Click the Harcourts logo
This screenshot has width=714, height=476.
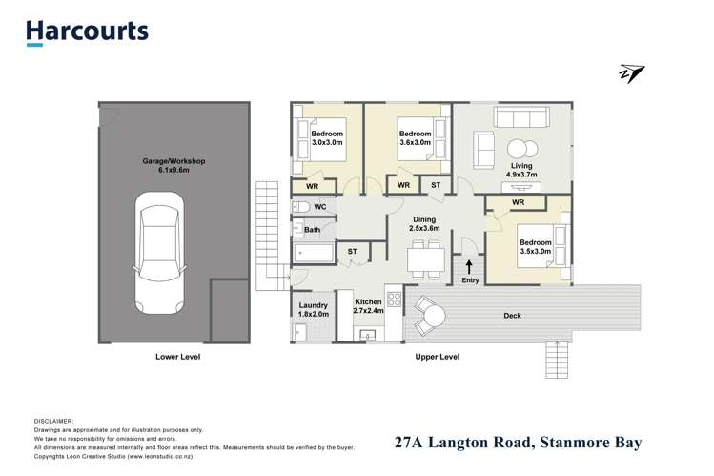(87, 31)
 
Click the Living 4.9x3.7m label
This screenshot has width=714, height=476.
(520, 171)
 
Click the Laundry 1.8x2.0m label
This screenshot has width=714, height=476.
(313, 308)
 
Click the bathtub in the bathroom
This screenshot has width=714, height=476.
(314, 254)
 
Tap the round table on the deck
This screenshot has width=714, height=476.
(432, 315)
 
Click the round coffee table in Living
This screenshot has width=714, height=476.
(521, 149)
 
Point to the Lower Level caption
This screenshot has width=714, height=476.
(178, 357)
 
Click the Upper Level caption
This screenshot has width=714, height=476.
(438, 357)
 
